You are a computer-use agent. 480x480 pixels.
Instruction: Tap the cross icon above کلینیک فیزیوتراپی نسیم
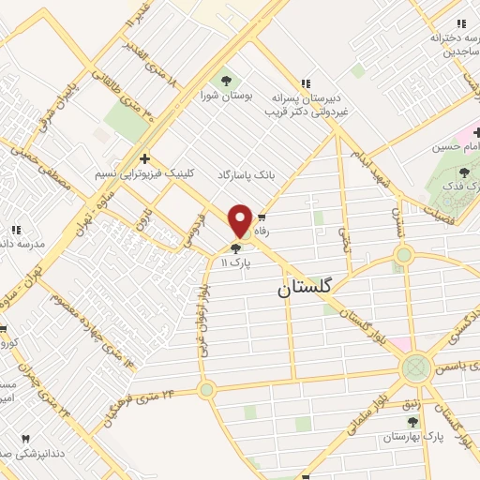[144, 158]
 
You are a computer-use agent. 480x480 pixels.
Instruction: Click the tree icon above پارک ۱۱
[234, 247]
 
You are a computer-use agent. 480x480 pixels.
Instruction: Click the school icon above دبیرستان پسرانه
[305, 82]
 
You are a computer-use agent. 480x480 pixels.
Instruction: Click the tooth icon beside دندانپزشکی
[26, 439]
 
